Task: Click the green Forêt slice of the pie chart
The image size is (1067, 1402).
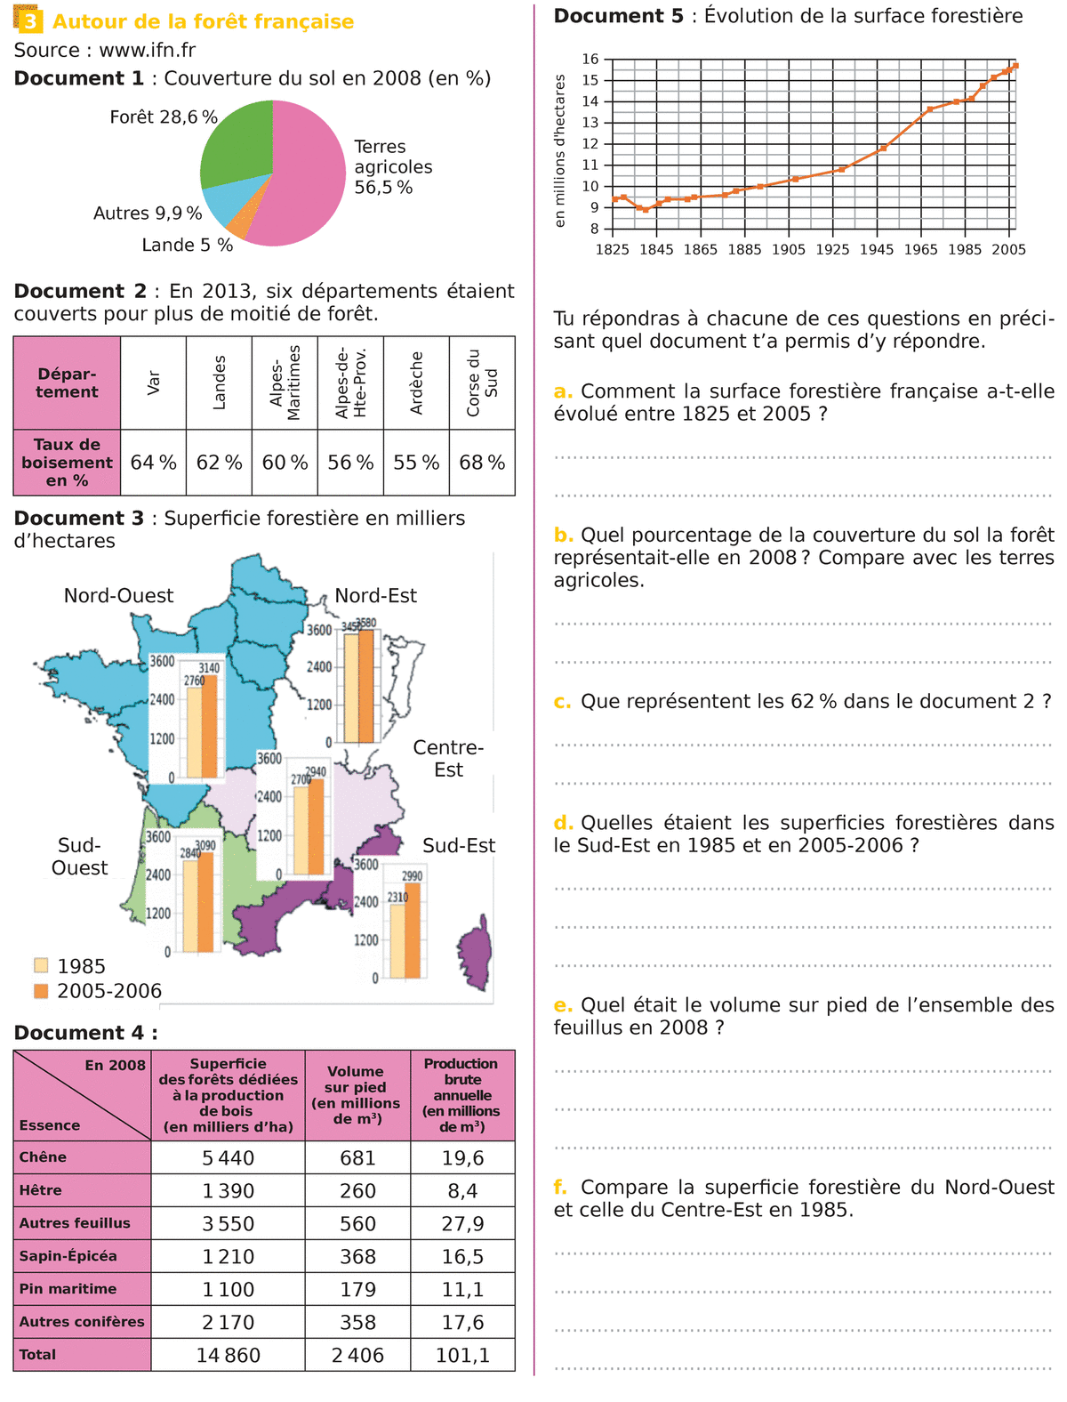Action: coord(236,142)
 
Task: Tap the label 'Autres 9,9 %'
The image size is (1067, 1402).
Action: coord(148,214)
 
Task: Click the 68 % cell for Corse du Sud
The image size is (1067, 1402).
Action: coord(482,463)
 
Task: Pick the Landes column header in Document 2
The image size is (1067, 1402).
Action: coord(220,383)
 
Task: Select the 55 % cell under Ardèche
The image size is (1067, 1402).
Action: coord(416,463)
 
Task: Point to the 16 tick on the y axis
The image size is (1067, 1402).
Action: coord(590,60)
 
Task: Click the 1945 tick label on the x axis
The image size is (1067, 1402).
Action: coord(876,250)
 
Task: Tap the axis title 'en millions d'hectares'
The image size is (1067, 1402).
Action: coord(560,150)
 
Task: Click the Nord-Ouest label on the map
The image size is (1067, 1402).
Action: coord(118,596)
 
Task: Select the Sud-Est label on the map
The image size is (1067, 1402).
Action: coord(459,846)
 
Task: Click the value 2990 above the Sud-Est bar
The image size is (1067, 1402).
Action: coord(412,876)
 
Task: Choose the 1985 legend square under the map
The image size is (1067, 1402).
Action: coord(41,965)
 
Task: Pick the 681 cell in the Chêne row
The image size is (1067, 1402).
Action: coord(357,1158)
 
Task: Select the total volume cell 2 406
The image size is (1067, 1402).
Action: coord(357,1356)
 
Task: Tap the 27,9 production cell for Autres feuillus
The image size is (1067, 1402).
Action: coord(462,1224)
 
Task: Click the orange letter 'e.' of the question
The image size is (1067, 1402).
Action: coord(563,1005)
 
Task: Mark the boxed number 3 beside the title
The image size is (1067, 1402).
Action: coord(29,21)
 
